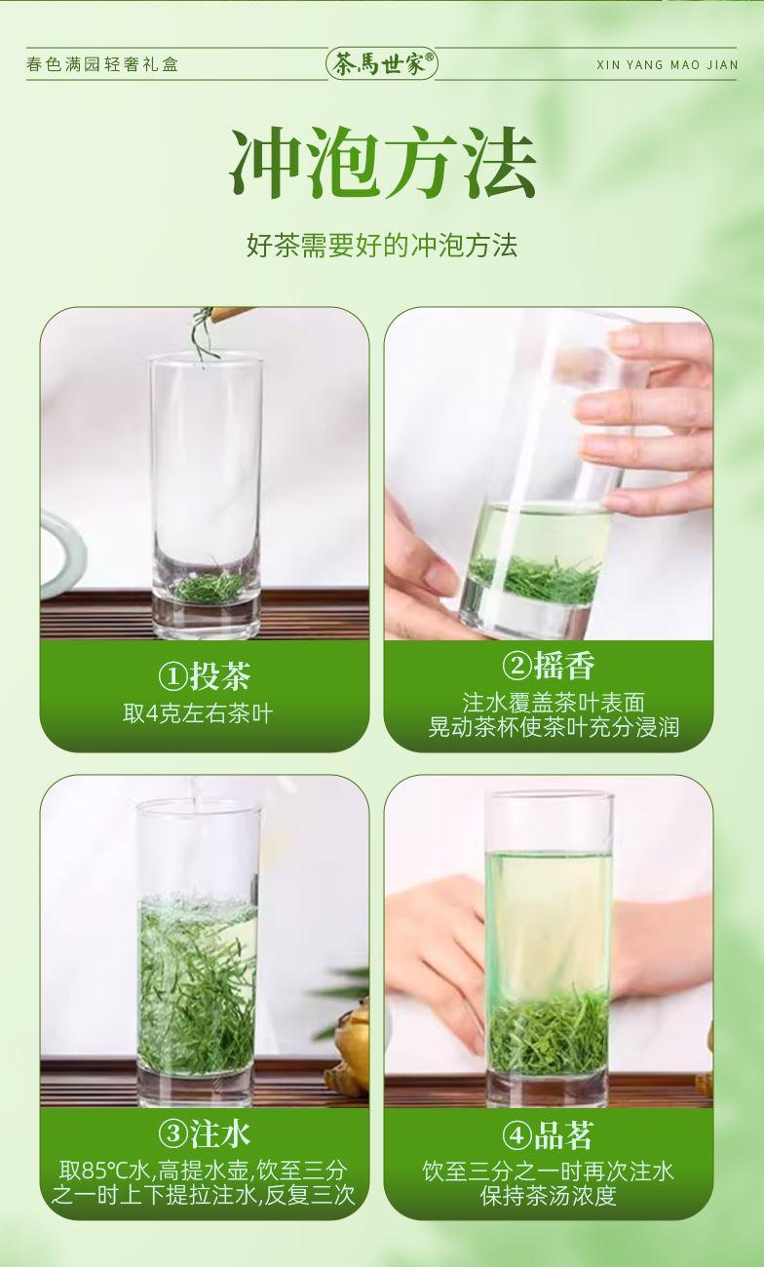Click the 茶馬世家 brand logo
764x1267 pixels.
coord(382,64)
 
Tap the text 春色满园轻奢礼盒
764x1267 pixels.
coord(102,64)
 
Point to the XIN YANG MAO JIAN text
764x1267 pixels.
coord(668,65)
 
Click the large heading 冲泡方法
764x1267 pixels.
coord(382,163)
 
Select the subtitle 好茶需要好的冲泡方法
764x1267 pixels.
coord(382,246)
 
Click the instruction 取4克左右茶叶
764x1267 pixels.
coord(198,713)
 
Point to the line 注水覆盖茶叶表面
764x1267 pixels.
coord(554,703)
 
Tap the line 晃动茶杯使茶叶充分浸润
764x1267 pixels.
coord(554,727)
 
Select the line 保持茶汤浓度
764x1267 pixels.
coord(549,1196)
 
